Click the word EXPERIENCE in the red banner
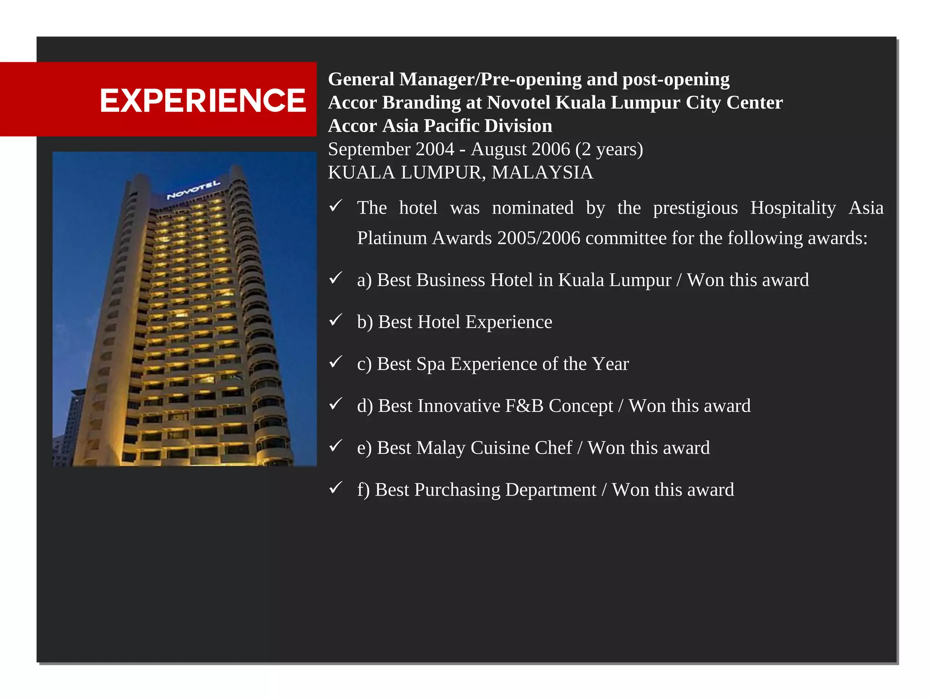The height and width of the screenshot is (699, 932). (x=203, y=101)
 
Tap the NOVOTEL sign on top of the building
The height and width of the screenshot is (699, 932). (x=193, y=190)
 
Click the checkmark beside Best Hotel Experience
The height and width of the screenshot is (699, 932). (x=335, y=320)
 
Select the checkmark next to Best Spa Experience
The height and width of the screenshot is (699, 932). (x=335, y=362)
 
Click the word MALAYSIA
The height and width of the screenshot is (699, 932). (x=542, y=172)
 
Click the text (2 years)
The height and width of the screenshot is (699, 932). (x=609, y=149)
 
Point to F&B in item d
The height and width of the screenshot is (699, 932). (x=524, y=406)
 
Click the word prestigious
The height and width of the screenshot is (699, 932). (x=695, y=208)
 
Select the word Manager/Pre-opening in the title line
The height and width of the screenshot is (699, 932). (x=489, y=80)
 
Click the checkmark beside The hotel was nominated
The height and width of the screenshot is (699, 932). (x=335, y=206)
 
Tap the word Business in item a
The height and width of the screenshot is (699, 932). (x=450, y=280)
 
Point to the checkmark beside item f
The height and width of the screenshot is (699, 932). (x=335, y=488)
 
